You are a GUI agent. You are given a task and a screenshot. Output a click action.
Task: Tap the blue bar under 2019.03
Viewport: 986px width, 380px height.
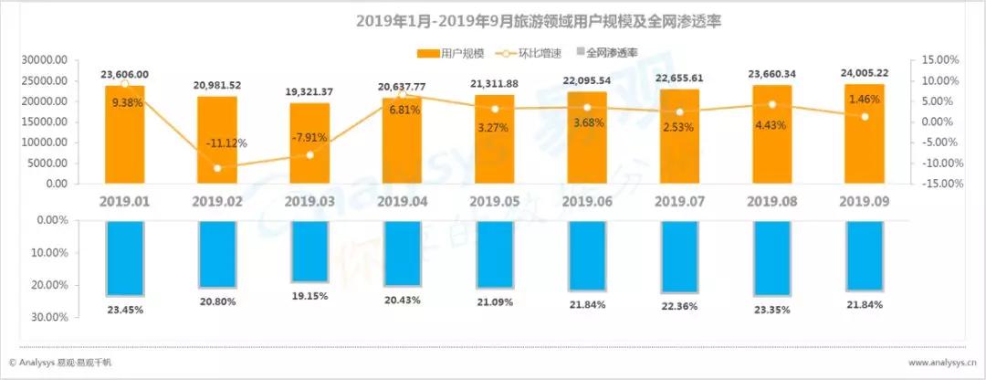click(x=309, y=251)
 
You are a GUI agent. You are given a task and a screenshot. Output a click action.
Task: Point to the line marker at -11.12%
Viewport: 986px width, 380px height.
click(x=217, y=168)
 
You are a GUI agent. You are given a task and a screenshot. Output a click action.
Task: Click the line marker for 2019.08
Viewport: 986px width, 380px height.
click(x=771, y=104)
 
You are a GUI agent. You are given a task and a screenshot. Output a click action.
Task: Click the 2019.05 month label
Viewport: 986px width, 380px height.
click(x=494, y=200)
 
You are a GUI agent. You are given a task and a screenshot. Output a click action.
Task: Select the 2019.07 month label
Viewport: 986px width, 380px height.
click(x=678, y=200)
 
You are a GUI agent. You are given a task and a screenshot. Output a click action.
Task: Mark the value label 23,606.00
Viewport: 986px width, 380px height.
click(x=125, y=75)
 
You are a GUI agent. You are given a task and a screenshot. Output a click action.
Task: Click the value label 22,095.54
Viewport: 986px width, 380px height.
click(x=586, y=81)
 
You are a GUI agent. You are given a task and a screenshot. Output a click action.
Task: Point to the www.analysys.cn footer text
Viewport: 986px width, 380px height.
click(x=930, y=362)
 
